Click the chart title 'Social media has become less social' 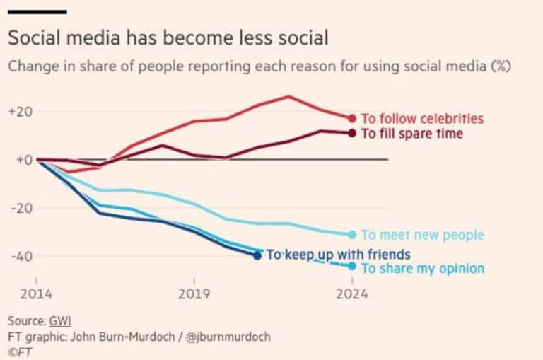(x=168, y=38)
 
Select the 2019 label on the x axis (x=193, y=294)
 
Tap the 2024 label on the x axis (x=351, y=294)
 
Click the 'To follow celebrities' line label (x=422, y=119)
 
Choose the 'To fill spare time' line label (x=412, y=134)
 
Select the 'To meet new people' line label (x=422, y=235)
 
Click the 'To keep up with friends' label (x=338, y=255)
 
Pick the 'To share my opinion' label (x=422, y=268)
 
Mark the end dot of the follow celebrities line (x=351, y=118)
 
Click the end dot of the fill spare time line (x=351, y=133)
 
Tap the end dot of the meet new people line (x=351, y=234)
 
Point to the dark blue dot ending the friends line (x=257, y=255)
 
